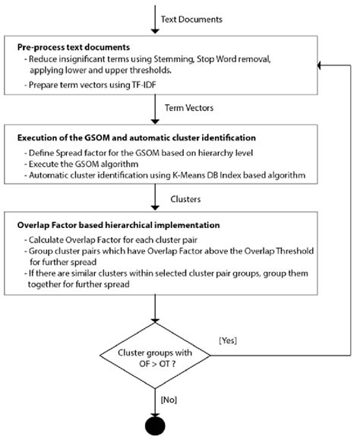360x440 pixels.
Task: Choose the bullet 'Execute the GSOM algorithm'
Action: click(x=86, y=164)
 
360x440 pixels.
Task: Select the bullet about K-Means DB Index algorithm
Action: click(x=145, y=176)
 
